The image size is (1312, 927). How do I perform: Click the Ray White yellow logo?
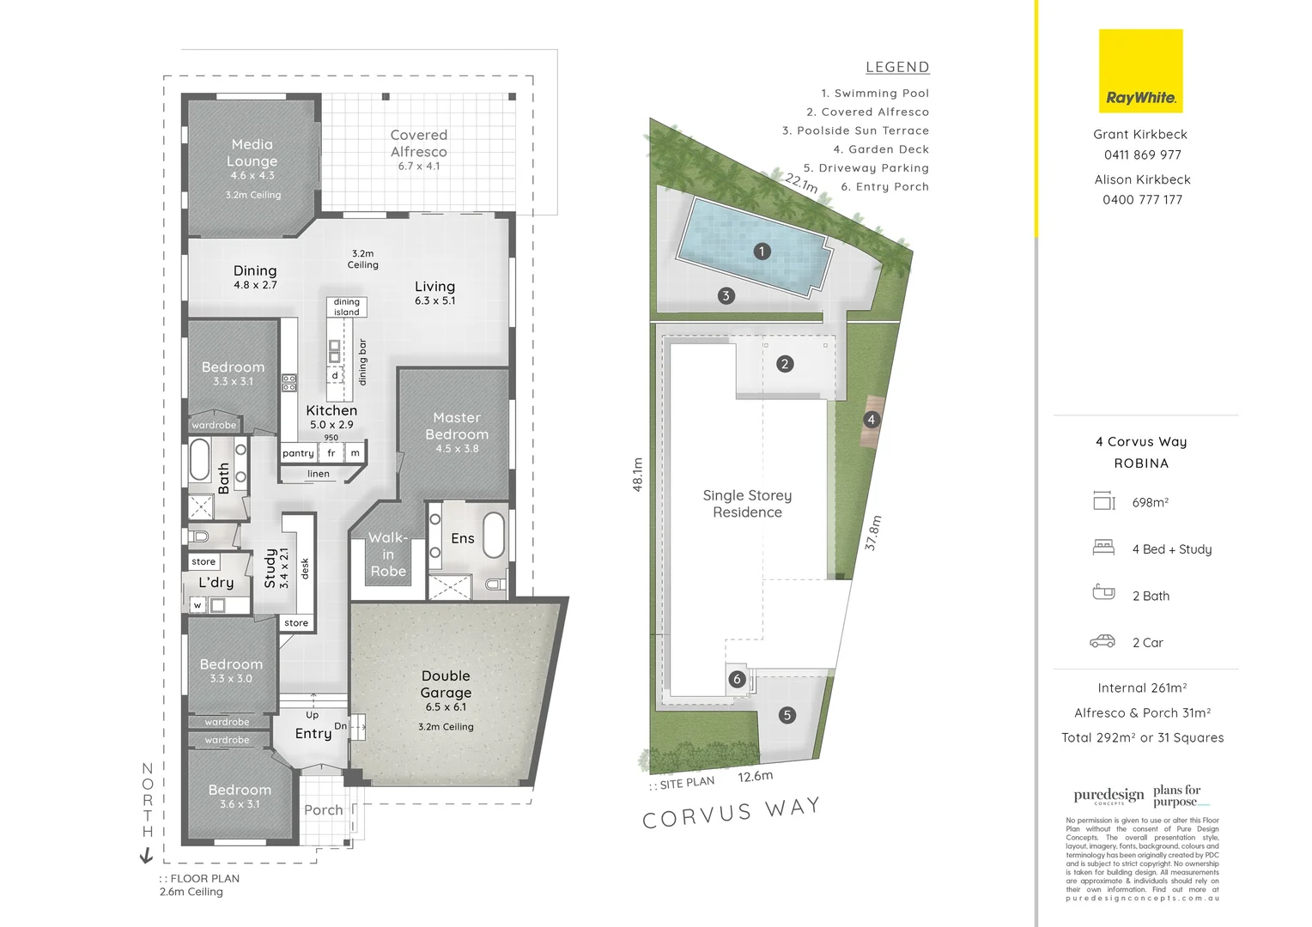[1140, 71]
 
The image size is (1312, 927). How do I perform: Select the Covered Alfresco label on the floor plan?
[418, 143]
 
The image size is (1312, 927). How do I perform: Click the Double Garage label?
[446, 685]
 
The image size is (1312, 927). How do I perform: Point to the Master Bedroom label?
[457, 427]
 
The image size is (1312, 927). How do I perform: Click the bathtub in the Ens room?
[494, 536]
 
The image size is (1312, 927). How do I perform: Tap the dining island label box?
[347, 307]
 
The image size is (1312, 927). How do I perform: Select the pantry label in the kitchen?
[298, 453]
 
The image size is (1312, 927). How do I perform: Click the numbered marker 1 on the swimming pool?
[761, 251]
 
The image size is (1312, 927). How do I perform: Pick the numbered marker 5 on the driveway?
[787, 715]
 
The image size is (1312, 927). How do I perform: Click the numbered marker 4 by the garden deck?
[872, 420]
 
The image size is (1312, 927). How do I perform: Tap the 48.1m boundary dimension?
[638, 474]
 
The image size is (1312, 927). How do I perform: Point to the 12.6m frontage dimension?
[755, 777]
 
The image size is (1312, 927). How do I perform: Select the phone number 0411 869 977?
[1142, 155]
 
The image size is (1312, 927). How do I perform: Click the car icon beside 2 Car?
[1102, 641]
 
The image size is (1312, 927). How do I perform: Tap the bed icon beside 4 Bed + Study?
[1103, 548]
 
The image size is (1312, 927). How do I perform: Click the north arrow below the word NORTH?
[146, 855]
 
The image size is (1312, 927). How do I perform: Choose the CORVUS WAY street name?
[731, 812]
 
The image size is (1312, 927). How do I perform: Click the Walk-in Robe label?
[388, 554]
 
